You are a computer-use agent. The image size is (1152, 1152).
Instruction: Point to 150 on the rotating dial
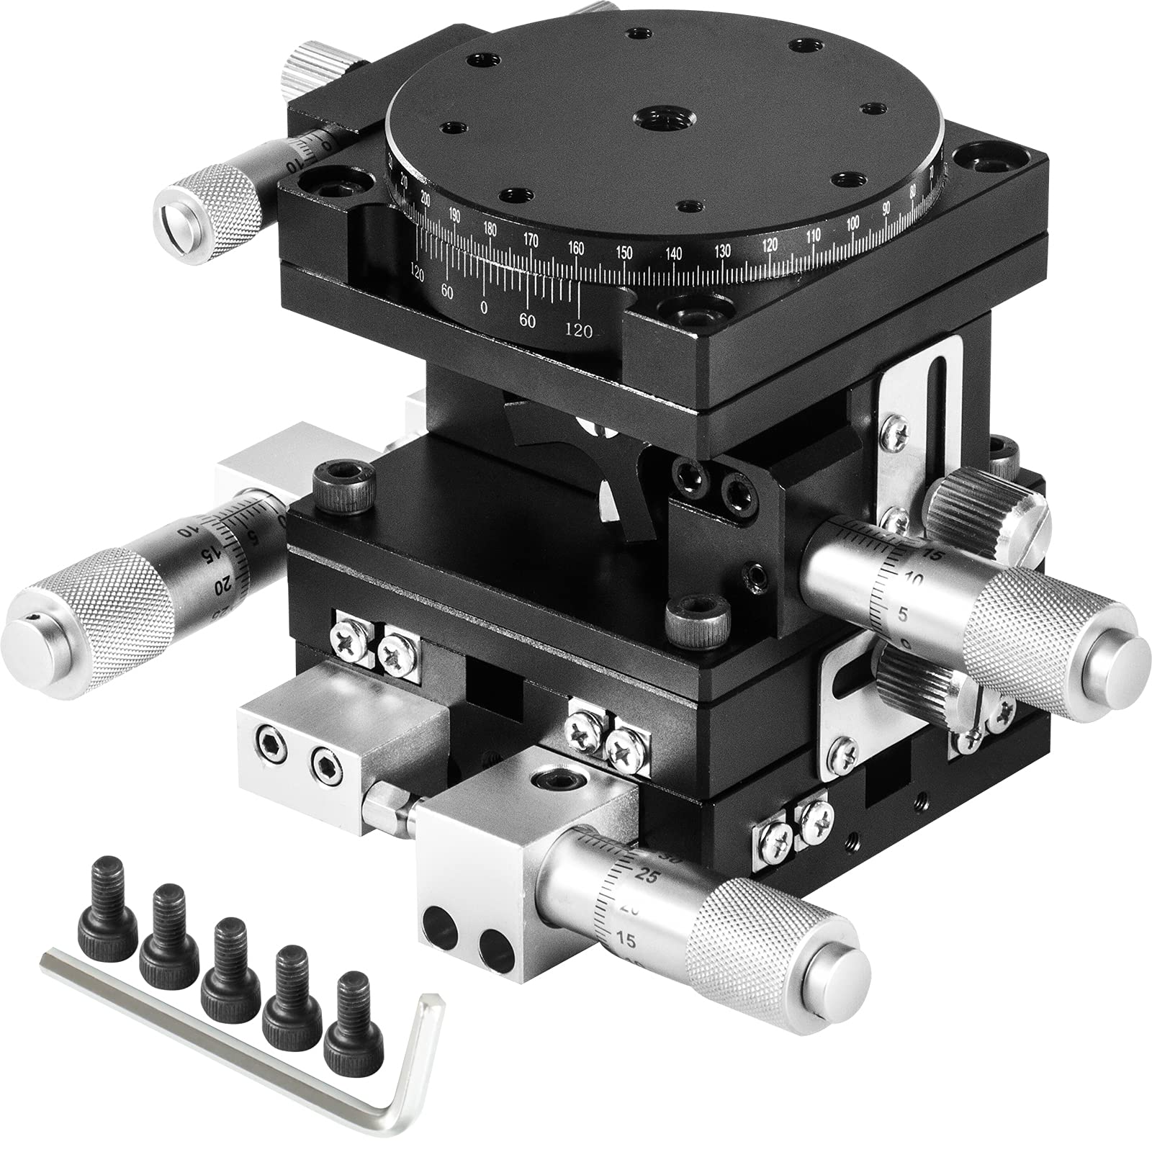(x=624, y=253)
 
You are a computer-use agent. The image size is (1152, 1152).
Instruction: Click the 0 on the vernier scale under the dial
(x=484, y=307)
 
